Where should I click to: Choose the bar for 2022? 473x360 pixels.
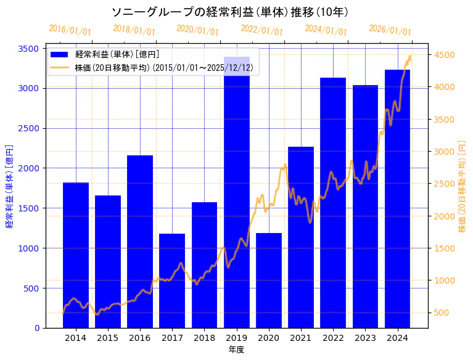(333, 203)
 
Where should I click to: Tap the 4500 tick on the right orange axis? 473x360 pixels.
(445, 55)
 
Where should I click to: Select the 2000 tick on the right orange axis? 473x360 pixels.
(445, 216)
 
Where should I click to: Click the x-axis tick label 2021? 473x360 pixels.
(301, 338)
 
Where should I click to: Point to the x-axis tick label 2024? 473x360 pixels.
(397, 338)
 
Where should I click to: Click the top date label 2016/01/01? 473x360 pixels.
(70, 30)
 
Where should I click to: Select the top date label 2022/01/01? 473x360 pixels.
(262, 30)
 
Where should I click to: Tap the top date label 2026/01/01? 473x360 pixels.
(390, 30)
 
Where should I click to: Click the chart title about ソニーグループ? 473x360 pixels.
(230, 12)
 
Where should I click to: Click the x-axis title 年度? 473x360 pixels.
(236, 350)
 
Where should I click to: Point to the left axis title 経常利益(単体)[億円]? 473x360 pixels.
(9, 187)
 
